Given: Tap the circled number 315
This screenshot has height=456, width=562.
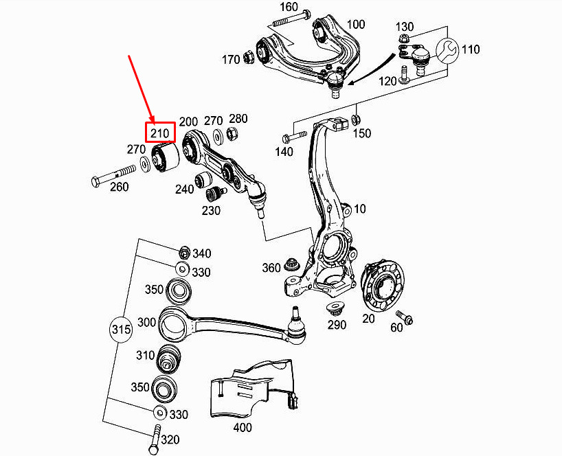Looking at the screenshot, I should pyautogui.click(x=120, y=330).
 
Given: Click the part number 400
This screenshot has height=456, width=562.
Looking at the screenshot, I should pyautogui.click(x=242, y=427).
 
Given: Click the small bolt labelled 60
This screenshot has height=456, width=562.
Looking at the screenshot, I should pyautogui.click(x=407, y=319).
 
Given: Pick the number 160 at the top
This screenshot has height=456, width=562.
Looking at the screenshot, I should pyautogui.click(x=289, y=8).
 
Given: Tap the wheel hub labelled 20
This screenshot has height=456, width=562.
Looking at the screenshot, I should pyautogui.click(x=381, y=285).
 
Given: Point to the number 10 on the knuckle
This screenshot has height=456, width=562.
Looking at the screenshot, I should pyautogui.click(x=360, y=208).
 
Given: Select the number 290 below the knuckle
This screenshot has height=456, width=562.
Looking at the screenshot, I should pyautogui.click(x=337, y=325).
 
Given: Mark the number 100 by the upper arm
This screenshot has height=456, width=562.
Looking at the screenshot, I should pyautogui.click(x=355, y=24).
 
